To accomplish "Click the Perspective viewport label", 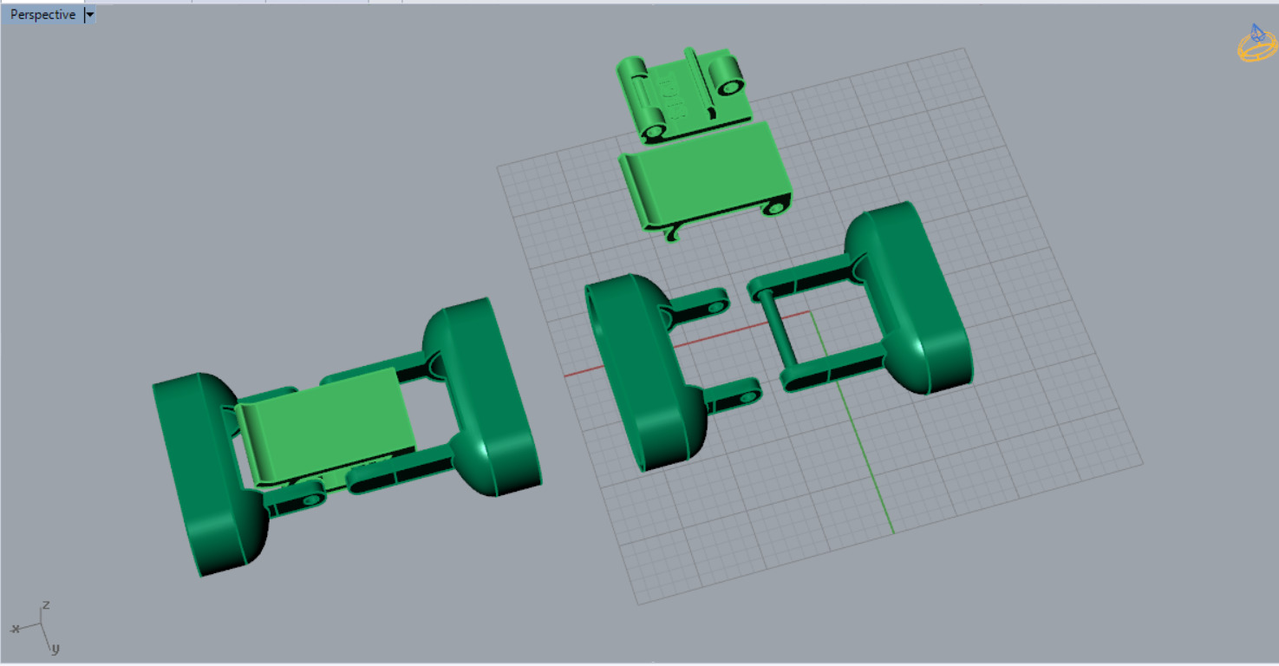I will [42, 15].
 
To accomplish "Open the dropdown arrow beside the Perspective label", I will [90, 15].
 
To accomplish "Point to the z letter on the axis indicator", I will [46, 604].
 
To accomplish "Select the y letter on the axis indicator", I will [55, 648].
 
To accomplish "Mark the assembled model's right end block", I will [486, 395].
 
